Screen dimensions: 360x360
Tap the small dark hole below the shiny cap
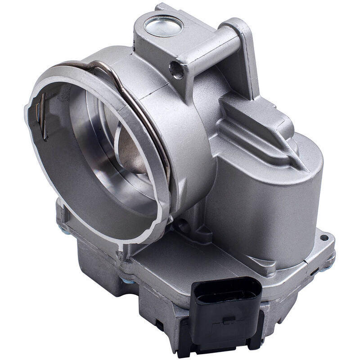pyautogui.click(x=176, y=69)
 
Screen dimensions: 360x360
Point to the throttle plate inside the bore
pyautogui.click(x=130, y=148)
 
